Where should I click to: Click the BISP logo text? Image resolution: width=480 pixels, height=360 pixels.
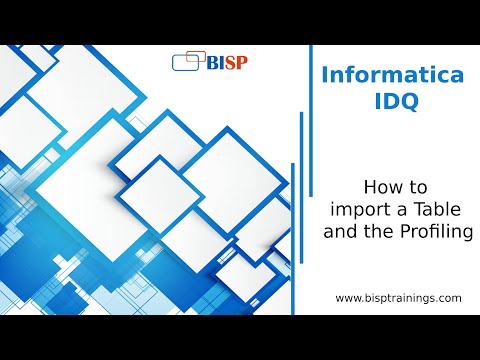pos(226,61)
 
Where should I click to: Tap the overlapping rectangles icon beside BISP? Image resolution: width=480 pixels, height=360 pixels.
pos(188,62)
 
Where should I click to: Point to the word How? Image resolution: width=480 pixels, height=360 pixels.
pos(379,186)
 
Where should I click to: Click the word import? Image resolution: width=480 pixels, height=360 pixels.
pos(356,208)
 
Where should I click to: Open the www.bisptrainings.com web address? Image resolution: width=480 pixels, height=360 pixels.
pos(398,298)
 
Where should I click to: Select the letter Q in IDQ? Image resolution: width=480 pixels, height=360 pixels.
pos(403,102)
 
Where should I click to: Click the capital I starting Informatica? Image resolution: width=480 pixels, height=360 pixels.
pos(324,75)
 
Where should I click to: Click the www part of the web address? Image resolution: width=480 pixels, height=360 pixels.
pos(347,298)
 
